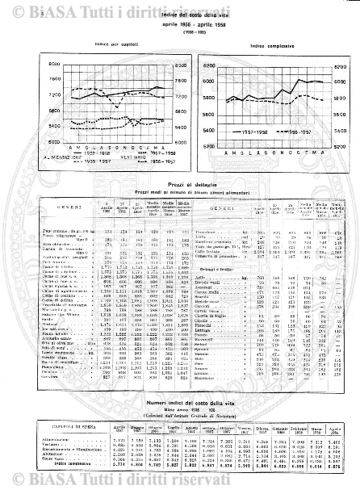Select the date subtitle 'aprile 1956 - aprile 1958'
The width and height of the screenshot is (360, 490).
click(x=179, y=27)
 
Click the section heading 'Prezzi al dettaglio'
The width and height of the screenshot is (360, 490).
click(x=179, y=183)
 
